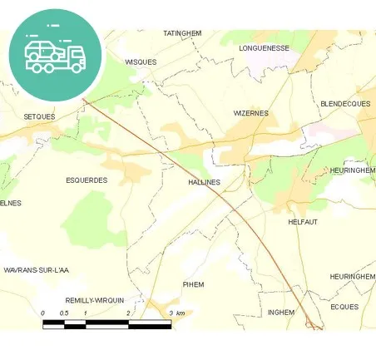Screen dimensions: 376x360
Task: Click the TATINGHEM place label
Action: click(182, 33)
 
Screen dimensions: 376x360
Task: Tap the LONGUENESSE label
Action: click(263, 48)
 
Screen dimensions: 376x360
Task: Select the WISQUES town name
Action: click(140, 62)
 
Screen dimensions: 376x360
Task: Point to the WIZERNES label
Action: click(250, 112)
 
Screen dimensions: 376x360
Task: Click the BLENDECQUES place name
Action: click(344, 104)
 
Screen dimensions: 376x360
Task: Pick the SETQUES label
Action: click(39, 116)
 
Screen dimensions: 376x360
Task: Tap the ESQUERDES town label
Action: click(87, 180)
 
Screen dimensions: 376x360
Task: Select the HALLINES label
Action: click(204, 181)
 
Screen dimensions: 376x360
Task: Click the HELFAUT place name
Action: click(303, 222)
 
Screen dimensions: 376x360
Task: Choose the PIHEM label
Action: click(193, 284)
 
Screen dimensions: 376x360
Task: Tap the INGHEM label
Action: click(281, 312)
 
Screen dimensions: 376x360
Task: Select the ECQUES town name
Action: click(344, 307)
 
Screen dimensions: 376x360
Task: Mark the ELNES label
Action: click(10, 203)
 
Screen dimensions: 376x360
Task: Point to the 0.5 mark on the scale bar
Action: click(64, 313)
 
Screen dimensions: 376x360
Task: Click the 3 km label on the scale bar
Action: click(176, 313)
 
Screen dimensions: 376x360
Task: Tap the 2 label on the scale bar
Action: click(128, 313)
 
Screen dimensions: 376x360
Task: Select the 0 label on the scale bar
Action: click(42, 313)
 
